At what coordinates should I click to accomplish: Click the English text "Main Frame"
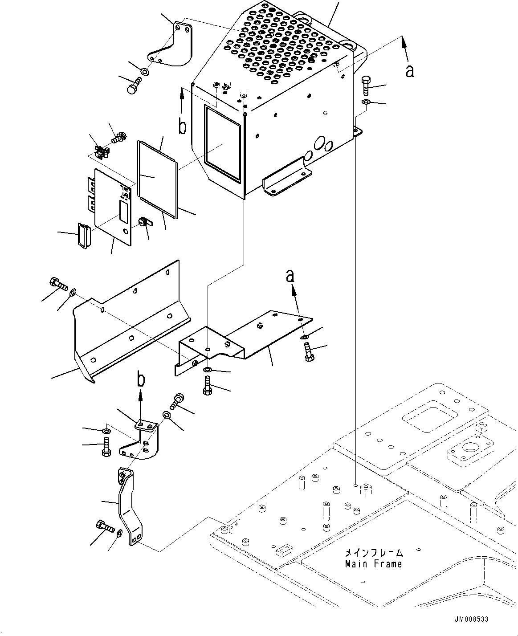(x=373, y=564)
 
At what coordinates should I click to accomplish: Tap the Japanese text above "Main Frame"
(x=373, y=553)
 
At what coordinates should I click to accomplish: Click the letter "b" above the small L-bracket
(x=141, y=379)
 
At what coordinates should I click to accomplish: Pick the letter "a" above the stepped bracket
(x=290, y=277)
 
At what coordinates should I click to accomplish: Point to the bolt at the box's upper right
(x=365, y=85)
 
